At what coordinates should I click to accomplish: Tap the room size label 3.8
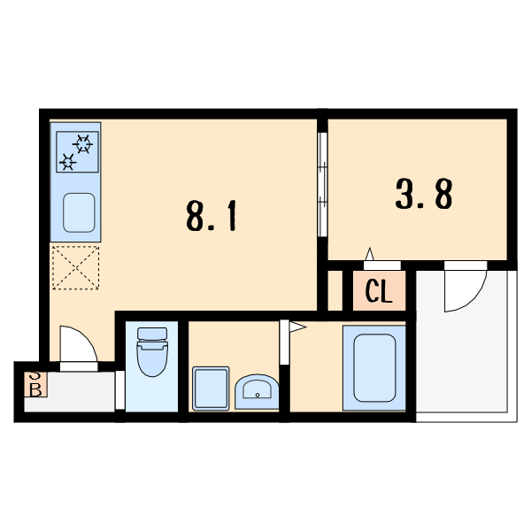point(425,194)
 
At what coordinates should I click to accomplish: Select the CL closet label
point(379,292)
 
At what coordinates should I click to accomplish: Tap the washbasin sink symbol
point(258,389)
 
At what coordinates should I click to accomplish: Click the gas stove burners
point(76,151)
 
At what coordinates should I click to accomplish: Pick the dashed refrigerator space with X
point(75,267)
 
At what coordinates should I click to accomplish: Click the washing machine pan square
point(211,388)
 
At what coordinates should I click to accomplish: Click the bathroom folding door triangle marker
point(296,328)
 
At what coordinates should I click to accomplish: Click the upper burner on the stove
point(84,143)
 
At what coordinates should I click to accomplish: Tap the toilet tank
point(152,335)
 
